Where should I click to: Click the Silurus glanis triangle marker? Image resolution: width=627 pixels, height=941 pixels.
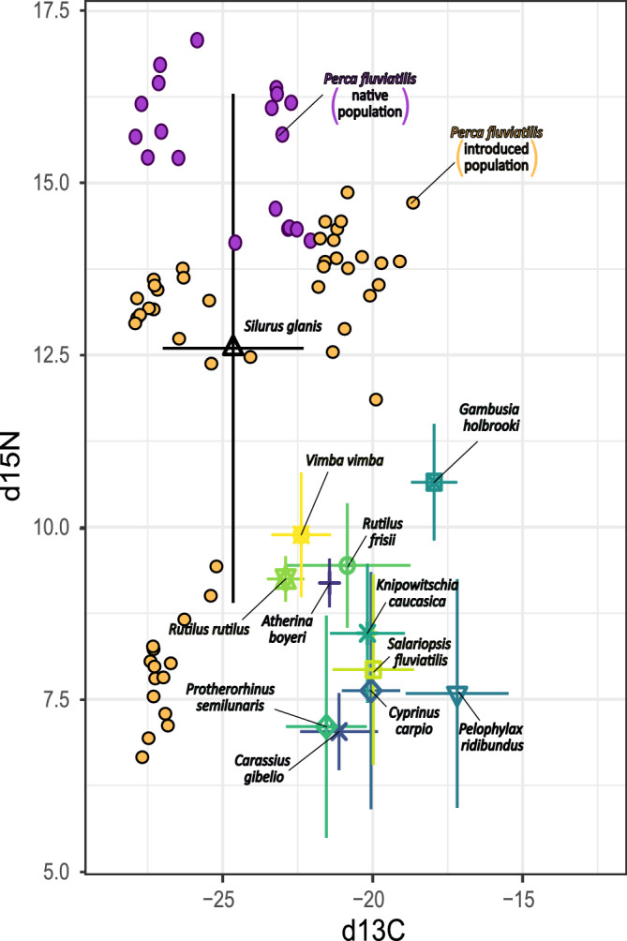233,348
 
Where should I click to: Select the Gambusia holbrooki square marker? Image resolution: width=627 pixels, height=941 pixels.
434,482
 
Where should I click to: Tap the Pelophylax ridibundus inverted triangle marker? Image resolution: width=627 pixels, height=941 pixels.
457,695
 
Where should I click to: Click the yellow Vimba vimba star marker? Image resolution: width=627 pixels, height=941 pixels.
301,534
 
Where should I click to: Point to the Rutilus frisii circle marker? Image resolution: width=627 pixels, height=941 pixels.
347,564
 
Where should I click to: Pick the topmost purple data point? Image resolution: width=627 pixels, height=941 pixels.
198,39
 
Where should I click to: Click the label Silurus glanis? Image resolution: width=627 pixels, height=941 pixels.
283,327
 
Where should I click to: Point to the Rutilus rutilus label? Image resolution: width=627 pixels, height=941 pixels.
208,629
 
